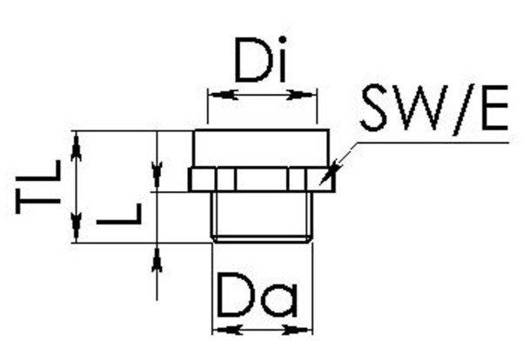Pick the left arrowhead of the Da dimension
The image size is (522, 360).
tap(220, 329)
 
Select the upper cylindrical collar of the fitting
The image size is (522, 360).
tap(261, 149)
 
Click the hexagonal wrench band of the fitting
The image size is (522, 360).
tap(261, 179)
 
